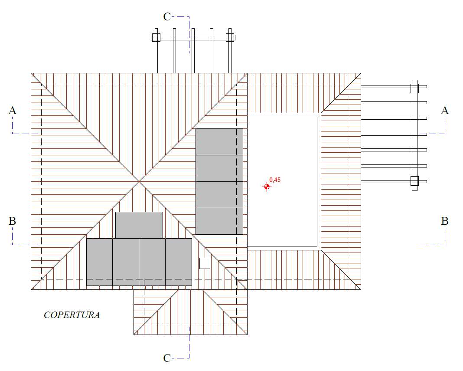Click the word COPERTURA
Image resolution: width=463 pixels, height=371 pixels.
(x=72, y=315)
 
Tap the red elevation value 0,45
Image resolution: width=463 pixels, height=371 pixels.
(x=275, y=180)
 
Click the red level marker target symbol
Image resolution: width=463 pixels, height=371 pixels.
(x=267, y=187)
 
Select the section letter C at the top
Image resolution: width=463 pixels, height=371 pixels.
(x=167, y=17)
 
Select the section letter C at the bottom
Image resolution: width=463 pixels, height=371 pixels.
(x=167, y=358)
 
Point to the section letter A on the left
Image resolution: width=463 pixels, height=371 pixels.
(x=13, y=111)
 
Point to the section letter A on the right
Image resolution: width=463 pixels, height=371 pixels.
(x=445, y=111)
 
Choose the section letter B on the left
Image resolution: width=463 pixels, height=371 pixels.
(x=12, y=221)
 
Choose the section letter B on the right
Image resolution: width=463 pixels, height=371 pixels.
(x=445, y=221)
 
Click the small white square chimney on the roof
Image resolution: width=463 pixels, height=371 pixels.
(x=205, y=263)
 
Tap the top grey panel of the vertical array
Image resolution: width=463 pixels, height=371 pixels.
(x=219, y=141)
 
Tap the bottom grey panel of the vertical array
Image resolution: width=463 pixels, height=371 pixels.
(x=219, y=221)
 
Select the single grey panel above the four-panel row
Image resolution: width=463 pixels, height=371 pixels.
(x=139, y=225)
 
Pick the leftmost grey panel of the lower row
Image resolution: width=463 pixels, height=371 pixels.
(x=100, y=262)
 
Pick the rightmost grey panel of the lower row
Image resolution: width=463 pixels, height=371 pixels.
(x=179, y=262)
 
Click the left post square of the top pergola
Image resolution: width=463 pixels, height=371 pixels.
(x=156, y=38)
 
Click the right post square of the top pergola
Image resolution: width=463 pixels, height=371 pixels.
(x=230, y=38)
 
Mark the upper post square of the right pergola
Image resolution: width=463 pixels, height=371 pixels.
(x=414, y=88)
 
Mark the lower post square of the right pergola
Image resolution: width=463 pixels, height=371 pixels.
(x=414, y=181)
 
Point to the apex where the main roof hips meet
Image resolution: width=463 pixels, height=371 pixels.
(x=139, y=181)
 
